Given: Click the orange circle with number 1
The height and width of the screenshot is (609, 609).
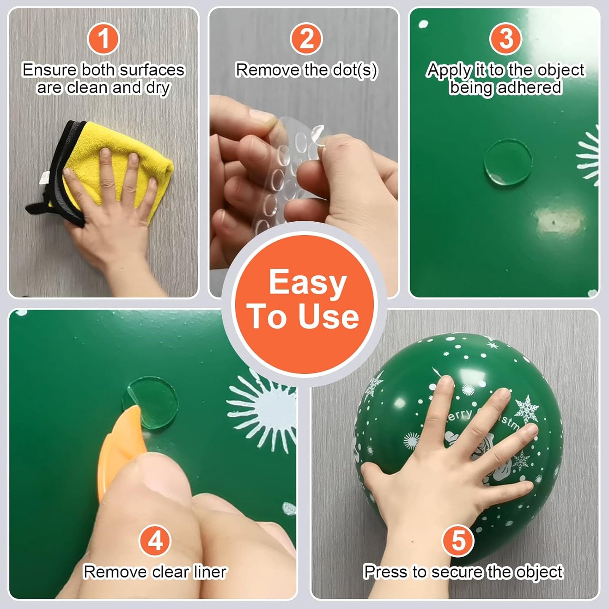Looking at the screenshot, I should (103, 38).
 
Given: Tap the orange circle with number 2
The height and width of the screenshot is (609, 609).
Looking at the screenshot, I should (306, 38).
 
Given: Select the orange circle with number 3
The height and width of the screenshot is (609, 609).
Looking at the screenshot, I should (505, 38).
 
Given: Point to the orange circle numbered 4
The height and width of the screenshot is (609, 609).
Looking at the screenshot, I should (155, 541).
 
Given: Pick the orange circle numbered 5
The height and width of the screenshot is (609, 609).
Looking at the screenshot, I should (458, 541).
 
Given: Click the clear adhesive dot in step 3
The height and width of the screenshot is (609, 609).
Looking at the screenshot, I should (507, 161).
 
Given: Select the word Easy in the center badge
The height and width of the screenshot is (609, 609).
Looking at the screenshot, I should (307, 283).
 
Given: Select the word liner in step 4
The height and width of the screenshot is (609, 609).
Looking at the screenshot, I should (210, 572).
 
